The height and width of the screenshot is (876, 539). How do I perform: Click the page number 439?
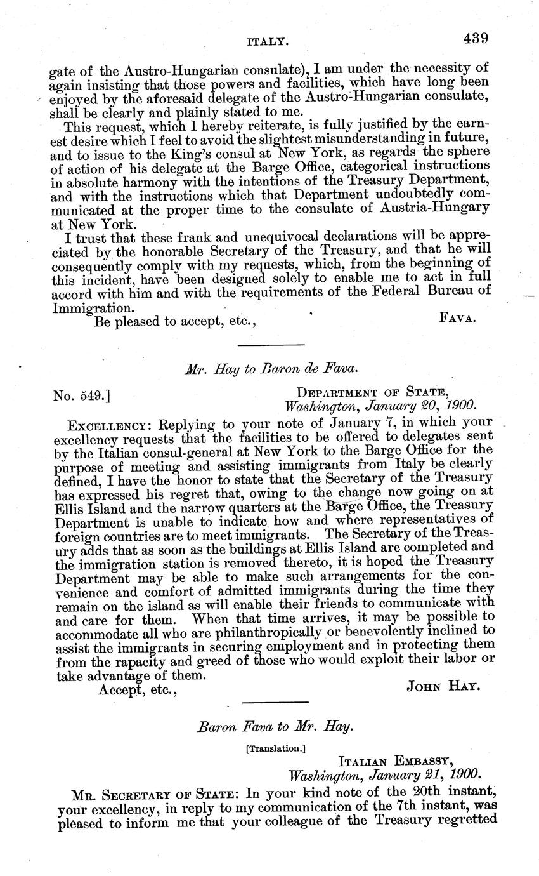475,38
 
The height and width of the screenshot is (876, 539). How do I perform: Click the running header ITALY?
268,41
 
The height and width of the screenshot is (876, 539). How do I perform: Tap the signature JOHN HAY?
440,688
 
